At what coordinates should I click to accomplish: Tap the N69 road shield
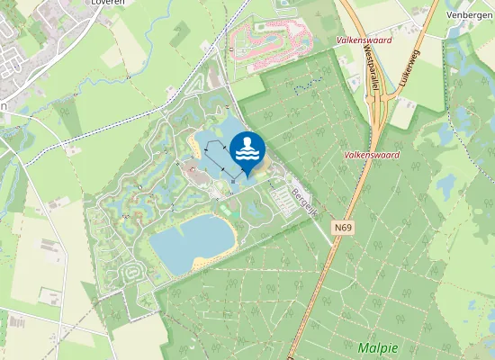[x=342, y=228]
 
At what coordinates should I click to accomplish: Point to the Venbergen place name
[x=468, y=14]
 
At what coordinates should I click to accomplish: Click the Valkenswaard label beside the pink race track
[x=359, y=40]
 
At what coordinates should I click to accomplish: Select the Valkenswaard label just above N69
[x=371, y=155]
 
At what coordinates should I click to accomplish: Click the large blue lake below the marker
[x=189, y=241]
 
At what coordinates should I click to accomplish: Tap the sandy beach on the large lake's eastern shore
[x=227, y=236]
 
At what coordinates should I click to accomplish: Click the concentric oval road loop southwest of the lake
[x=132, y=271]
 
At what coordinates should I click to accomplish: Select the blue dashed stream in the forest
[x=306, y=87]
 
